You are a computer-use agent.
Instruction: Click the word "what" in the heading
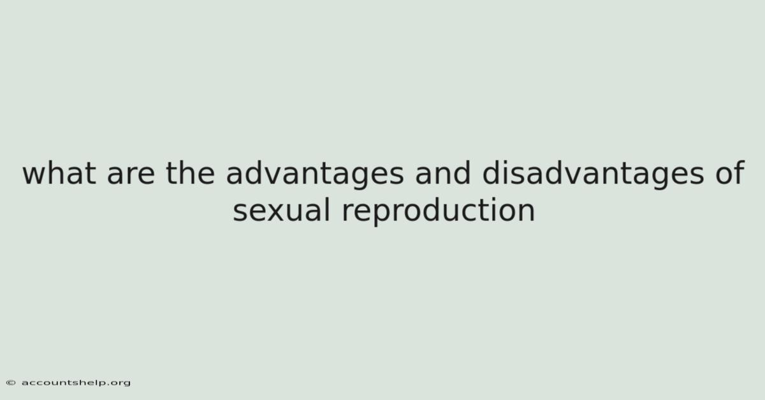click(x=59, y=173)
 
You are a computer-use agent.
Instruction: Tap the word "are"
click(x=131, y=176)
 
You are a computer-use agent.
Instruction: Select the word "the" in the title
click(x=190, y=173)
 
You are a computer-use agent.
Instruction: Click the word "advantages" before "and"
click(x=315, y=175)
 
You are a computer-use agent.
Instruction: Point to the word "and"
click(x=443, y=173)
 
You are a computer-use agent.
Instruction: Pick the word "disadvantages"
click(x=593, y=175)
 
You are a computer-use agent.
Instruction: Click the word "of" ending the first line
click(x=729, y=173)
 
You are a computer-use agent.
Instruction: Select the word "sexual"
click(x=281, y=210)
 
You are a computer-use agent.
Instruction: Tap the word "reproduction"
click(x=438, y=211)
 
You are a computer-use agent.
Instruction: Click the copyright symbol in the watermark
click(x=11, y=383)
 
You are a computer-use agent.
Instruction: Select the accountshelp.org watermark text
click(x=76, y=383)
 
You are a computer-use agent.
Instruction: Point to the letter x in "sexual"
click(x=272, y=213)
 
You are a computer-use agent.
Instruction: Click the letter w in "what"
click(x=34, y=176)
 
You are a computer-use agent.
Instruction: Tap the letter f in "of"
click(x=739, y=173)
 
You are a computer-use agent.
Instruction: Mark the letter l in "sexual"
click(x=327, y=210)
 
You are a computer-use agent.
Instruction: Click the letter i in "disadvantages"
click(x=507, y=173)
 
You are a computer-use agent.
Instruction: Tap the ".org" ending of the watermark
click(x=118, y=383)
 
